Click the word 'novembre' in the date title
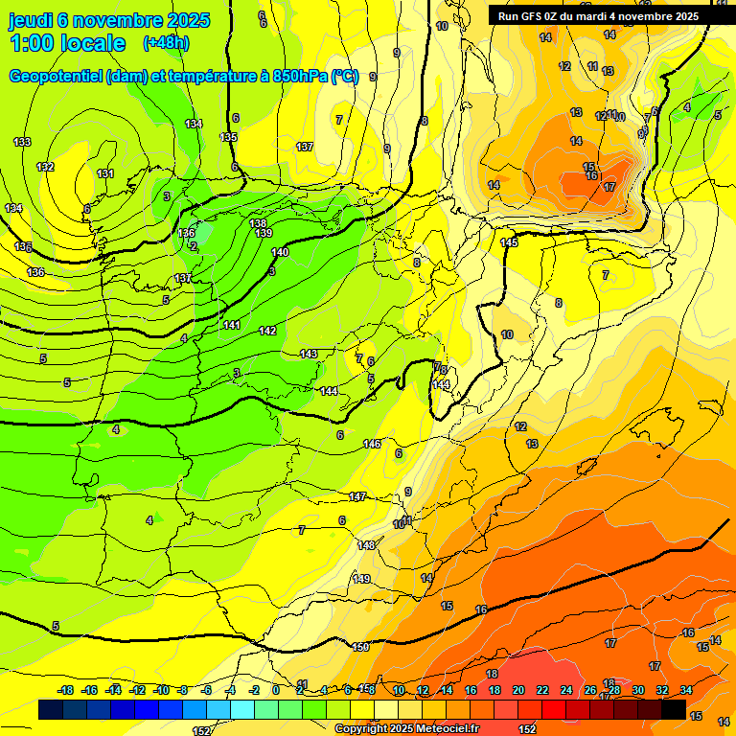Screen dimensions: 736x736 tap(119, 20)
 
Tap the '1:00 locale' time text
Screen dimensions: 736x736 tap(68, 43)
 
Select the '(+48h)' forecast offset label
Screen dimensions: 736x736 tap(166, 43)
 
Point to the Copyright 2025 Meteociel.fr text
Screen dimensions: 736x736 tap(406, 729)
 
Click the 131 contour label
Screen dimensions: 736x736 tap(105, 173)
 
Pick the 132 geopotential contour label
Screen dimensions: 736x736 tap(45, 167)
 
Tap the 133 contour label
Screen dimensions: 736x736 tap(22, 142)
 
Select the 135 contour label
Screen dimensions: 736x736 tap(228, 137)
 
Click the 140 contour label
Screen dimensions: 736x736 tap(280, 252)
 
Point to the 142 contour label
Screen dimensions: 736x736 tap(267, 331)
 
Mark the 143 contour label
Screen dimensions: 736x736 tap(309, 354)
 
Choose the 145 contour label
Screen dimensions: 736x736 tap(509, 242)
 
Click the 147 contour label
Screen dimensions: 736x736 tap(357, 496)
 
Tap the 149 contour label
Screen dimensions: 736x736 tap(361, 579)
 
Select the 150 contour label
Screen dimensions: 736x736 tap(360, 648)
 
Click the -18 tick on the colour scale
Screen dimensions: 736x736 tap(66, 690)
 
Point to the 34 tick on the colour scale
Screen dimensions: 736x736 tap(686, 690)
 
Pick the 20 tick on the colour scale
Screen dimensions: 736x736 tap(518, 690)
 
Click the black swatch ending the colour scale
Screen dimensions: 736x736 tap(674, 709)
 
